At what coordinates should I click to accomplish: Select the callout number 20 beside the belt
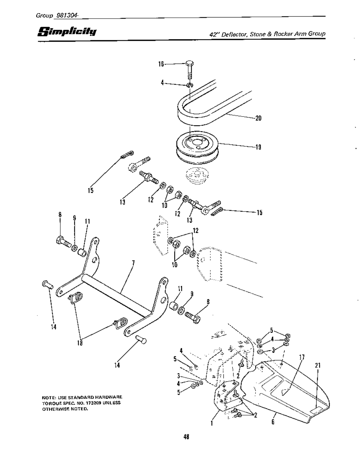258,118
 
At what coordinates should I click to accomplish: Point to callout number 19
258,147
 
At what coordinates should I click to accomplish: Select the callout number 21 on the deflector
317,365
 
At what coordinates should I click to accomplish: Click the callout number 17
302,357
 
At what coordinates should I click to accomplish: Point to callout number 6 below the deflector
273,422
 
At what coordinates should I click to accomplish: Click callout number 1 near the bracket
212,423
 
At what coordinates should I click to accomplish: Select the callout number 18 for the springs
80,343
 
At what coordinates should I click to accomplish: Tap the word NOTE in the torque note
48,397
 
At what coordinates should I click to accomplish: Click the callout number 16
161,64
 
